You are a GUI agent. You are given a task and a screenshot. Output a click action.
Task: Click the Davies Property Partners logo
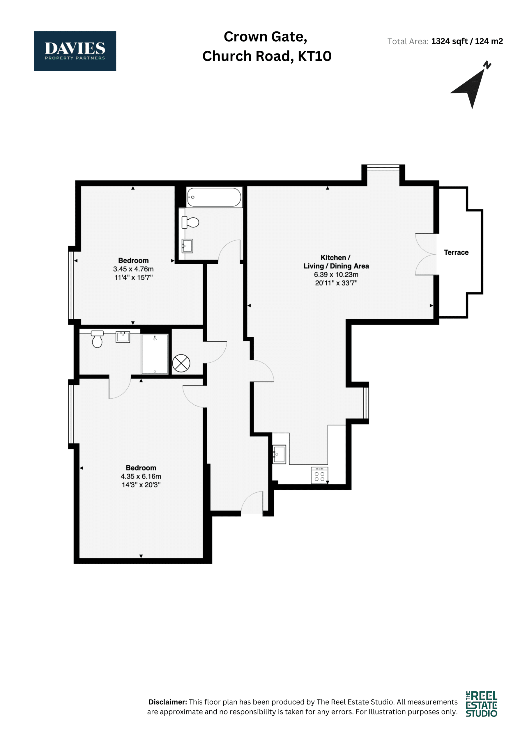pos(75,51)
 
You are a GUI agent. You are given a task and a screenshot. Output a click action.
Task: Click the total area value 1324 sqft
pos(449,41)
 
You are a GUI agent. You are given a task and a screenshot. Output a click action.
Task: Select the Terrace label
pos(456,252)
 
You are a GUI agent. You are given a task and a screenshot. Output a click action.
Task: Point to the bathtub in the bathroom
pos(214,197)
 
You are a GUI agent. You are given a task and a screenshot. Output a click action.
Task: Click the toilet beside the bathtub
pos(190,223)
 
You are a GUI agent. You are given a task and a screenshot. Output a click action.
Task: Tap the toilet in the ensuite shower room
pos(97,339)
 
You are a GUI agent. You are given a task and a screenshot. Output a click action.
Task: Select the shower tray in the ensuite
pos(155,354)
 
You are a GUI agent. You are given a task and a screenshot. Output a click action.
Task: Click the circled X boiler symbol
pos(181,363)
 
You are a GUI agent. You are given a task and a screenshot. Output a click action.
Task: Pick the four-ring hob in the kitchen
pos(319,475)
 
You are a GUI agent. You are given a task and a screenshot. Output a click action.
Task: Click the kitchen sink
pos(279,454)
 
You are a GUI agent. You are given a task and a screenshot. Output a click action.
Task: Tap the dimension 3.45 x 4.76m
pos(133,269)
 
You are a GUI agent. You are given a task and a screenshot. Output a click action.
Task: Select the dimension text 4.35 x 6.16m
pos(141,476)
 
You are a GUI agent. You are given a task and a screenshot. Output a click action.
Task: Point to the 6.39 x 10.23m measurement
pos(336,274)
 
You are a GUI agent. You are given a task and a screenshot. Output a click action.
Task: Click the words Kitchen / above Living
pos(335,258)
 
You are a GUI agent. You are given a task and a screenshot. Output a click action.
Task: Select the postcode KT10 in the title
pos(315,56)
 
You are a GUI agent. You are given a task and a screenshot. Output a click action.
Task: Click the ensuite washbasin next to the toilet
pos(123,337)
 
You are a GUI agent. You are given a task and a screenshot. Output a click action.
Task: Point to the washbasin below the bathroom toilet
pos(187,246)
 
